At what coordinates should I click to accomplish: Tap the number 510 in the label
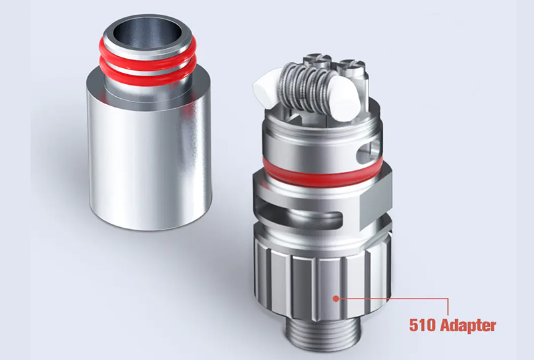pyautogui.click(x=422, y=326)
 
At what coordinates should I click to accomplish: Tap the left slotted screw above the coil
pyautogui.click(x=314, y=62)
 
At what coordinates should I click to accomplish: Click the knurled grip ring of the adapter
pyautogui.click(x=300, y=281)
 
